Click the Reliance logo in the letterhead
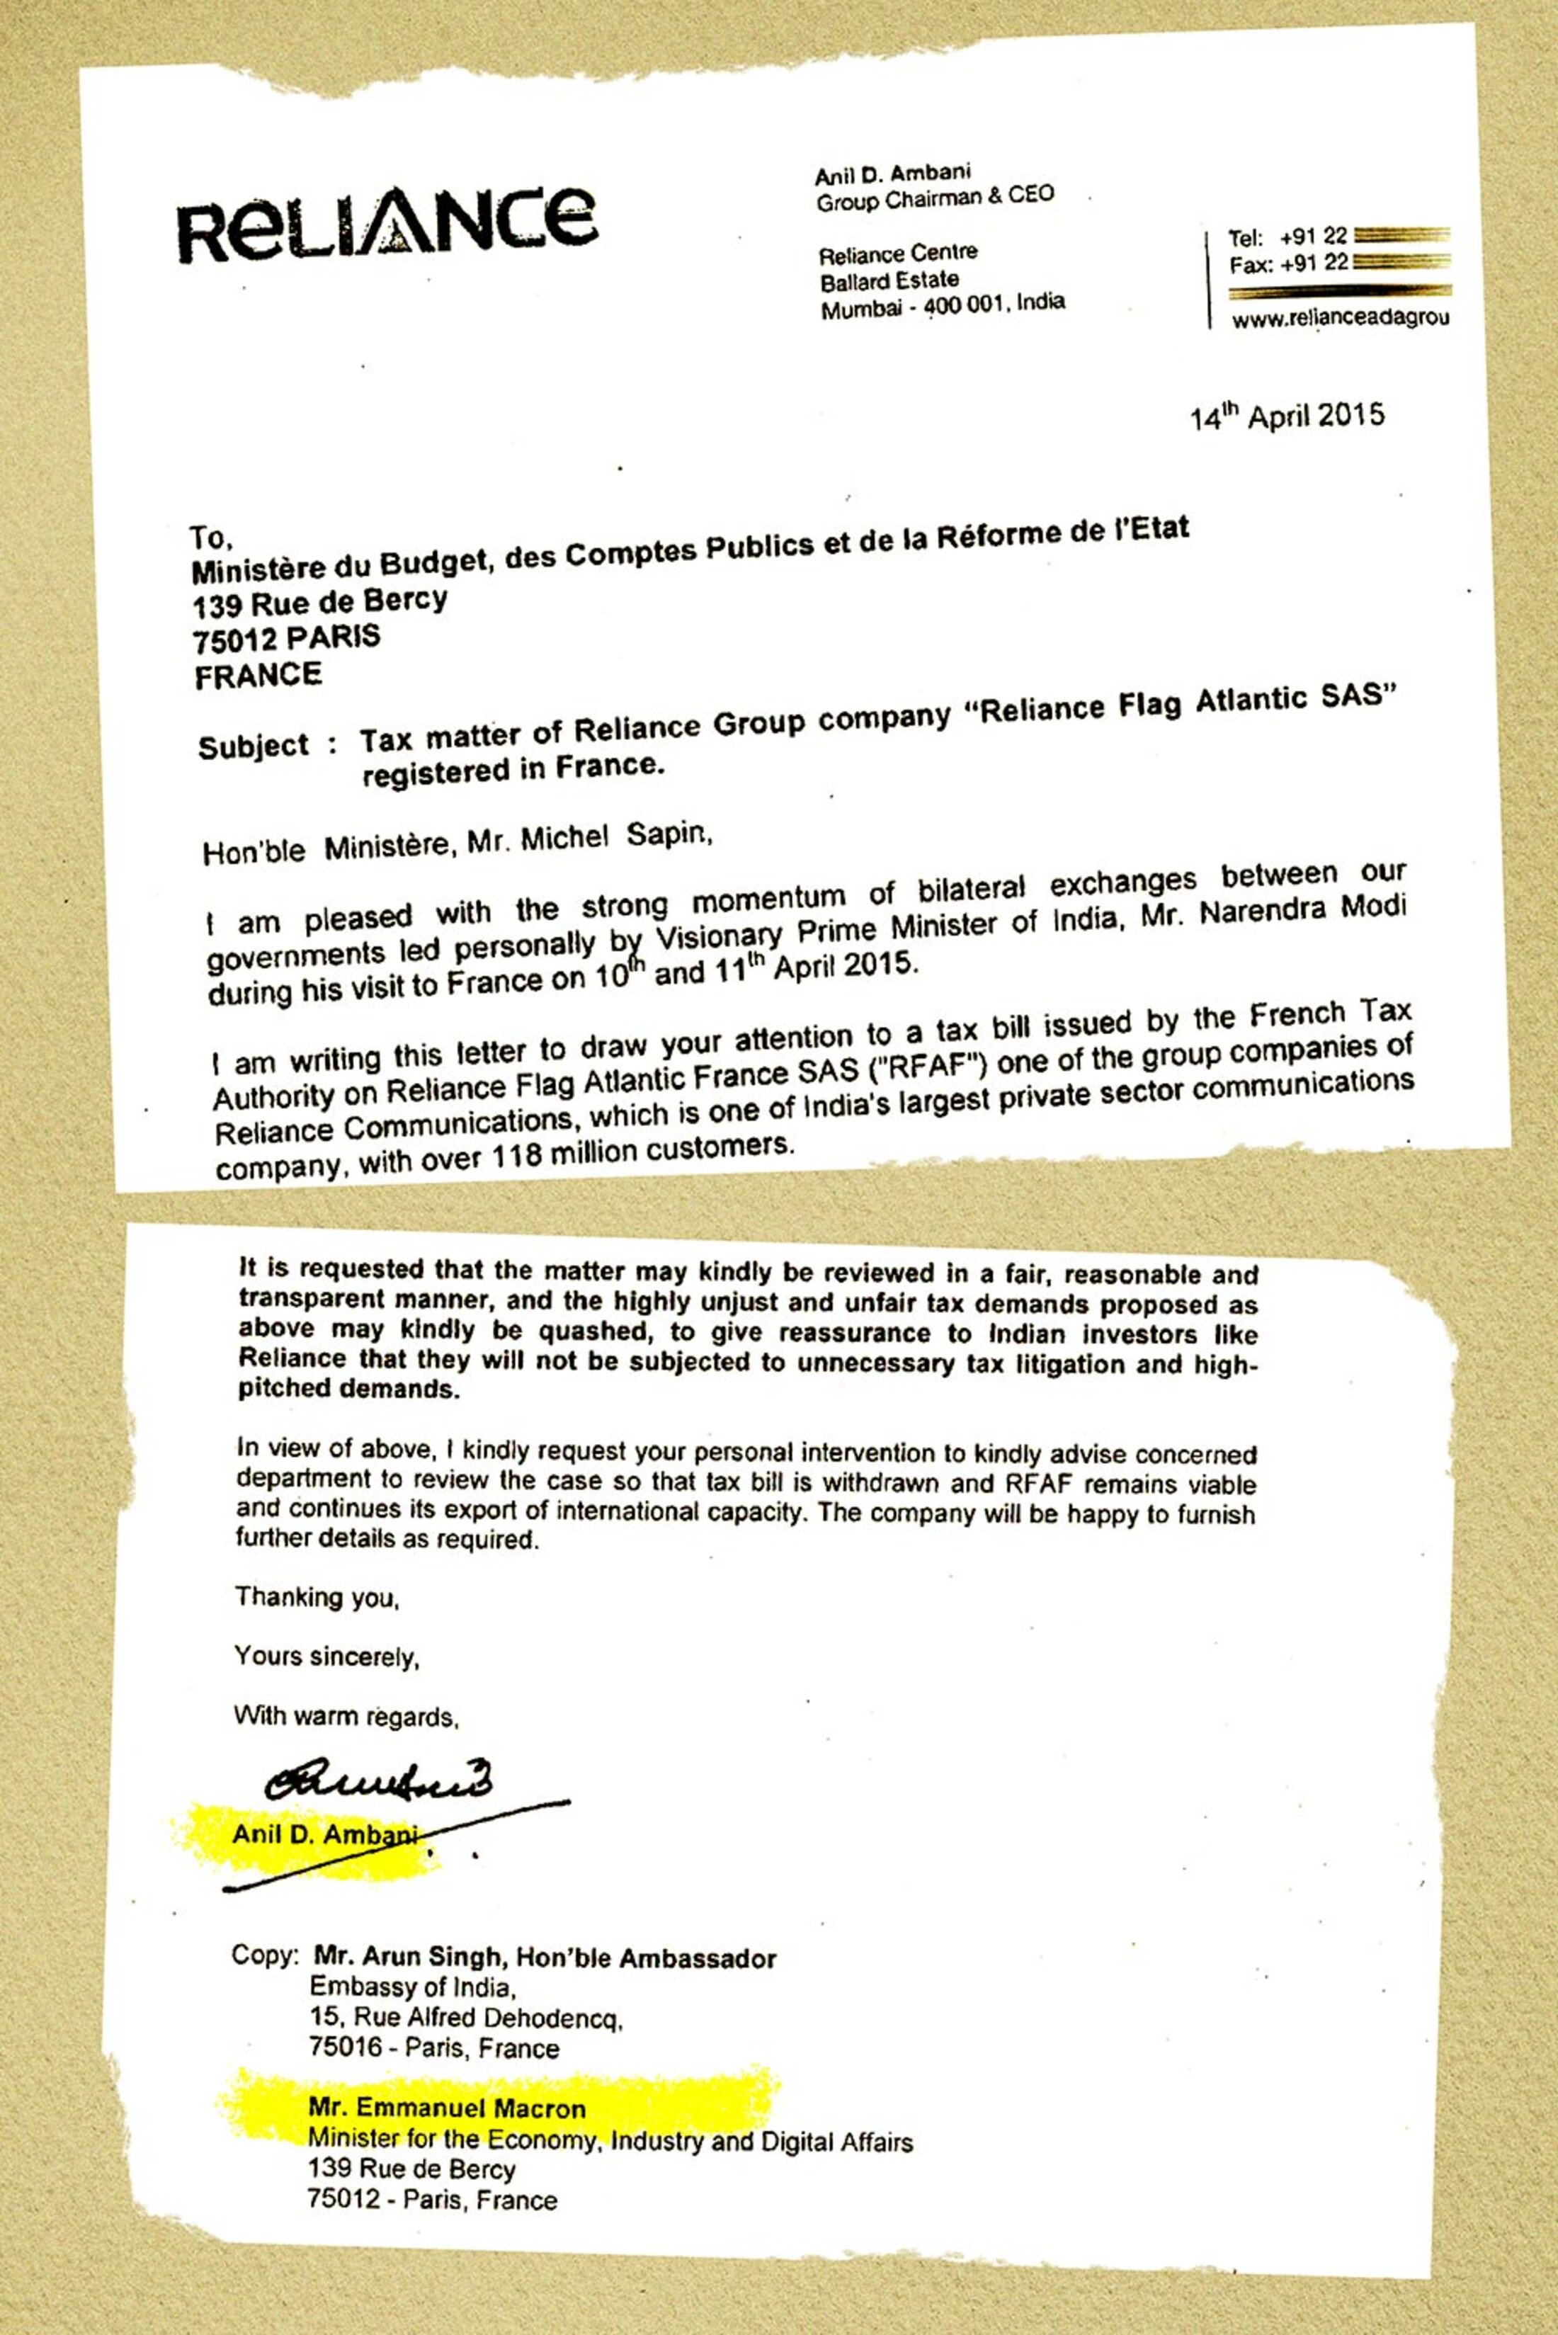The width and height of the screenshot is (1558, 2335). click(387, 224)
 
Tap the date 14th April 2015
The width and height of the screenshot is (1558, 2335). click(1287, 415)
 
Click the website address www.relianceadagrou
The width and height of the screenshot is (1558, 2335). click(1339, 319)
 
